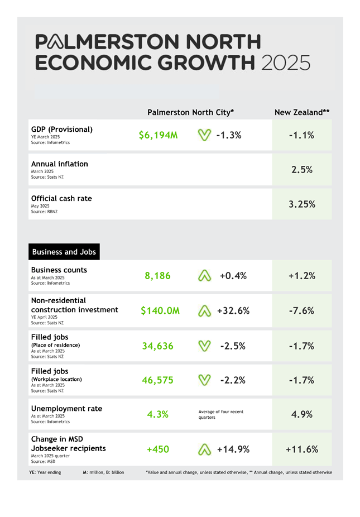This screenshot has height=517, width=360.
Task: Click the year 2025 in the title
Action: (x=284, y=62)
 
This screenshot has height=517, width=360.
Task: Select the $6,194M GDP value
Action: (x=158, y=135)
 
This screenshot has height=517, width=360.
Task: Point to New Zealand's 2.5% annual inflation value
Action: (x=301, y=170)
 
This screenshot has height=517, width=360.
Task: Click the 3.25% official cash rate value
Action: (x=301, y=204)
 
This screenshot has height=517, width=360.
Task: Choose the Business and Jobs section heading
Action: (x=64, y=252)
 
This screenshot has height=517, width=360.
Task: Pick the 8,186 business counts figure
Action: (x=157, y=276)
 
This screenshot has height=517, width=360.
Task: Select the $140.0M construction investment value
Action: (x=160, y=311)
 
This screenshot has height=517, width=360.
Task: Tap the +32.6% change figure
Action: (x=233, y=311)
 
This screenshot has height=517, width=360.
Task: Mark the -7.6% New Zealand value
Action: (x=301, y=311)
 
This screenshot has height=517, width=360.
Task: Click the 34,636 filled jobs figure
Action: (x=157, y=346)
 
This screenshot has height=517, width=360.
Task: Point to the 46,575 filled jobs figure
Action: (x=157, y=380)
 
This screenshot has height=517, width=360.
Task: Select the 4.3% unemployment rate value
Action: (x=157, y=414)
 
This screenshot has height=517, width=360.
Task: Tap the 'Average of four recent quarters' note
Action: (x=221, y=414)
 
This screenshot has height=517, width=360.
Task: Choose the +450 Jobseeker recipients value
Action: (x=157, y=449)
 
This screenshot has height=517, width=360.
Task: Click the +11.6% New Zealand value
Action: (x=301, y=449)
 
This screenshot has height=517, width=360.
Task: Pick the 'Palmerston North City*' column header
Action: (x=190, y=112)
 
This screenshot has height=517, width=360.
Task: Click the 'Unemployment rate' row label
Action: (x=66, y=409)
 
